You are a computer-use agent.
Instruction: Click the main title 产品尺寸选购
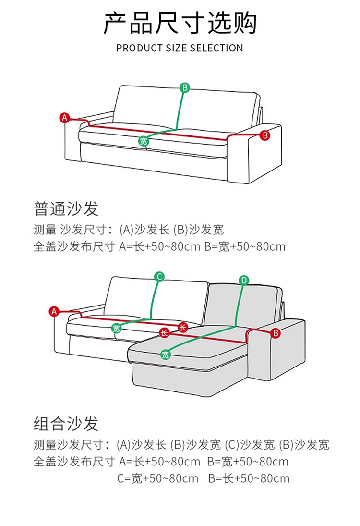tap(180, 23)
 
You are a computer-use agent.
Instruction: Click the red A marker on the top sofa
tap(65, 117)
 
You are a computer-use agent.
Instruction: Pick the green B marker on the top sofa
tap(185, 87)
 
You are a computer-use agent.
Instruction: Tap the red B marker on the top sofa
tap(264, 135)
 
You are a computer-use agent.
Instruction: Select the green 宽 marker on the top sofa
tap(144, 141)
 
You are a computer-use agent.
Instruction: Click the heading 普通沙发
tap(66, 208)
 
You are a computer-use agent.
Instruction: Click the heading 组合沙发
tap(66, 423)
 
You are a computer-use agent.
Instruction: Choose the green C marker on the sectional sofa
tap(159, 276)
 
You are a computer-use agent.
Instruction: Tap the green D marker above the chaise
tap(244, 280)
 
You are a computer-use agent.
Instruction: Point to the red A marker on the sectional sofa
tap(54, 311)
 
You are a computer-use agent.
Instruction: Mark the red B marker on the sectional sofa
tap(276, 332)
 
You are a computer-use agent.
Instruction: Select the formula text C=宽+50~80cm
tap(158, 478)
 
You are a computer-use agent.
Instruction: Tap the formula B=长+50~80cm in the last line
tap(249, 478)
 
